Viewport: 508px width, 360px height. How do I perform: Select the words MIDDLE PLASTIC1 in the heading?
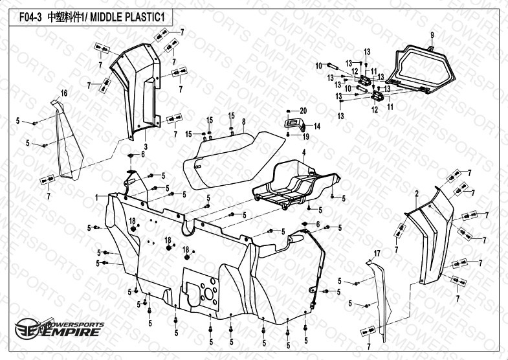128,19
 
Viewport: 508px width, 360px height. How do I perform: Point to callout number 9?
432,34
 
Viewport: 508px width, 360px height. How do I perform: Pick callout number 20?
303,111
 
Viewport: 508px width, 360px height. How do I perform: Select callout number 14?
317,126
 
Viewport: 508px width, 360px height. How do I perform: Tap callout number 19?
307,137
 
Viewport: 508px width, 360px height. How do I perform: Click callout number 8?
243,122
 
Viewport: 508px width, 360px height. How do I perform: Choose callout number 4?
302,152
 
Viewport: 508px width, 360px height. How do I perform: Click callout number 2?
417,193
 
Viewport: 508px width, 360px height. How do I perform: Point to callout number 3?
146,148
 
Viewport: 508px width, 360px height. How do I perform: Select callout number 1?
96,196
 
